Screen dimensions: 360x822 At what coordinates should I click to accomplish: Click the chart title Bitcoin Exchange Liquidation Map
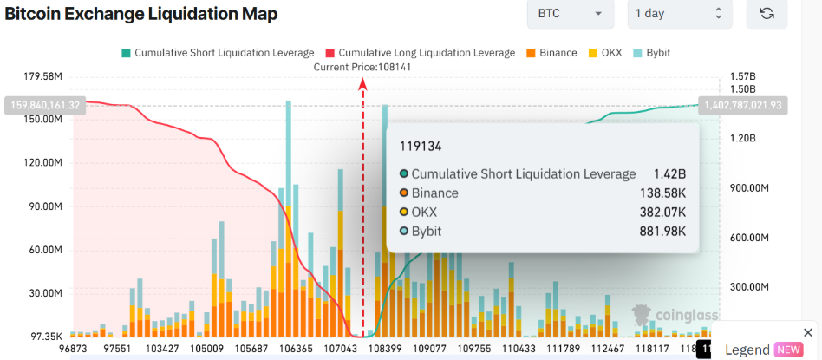click(141, 15)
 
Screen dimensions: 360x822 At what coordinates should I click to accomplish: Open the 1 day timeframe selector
click(679, 14)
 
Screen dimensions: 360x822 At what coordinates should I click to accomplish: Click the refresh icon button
click(767, 14)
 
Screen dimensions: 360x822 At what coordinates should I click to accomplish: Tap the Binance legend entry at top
click(551, 53)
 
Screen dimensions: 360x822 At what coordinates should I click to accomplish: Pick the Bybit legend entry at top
click(651, 53)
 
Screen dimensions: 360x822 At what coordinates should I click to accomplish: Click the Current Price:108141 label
click(362, 68)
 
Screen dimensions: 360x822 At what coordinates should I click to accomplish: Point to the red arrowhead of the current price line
click(362, 82)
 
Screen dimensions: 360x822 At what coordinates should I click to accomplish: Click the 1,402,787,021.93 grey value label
click(744, 105)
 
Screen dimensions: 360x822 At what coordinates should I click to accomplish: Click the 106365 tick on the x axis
click(297, 349)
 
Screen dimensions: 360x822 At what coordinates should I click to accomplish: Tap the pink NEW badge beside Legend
click(788, 350)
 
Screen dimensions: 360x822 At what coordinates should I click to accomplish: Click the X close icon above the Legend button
click(808, 332)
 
